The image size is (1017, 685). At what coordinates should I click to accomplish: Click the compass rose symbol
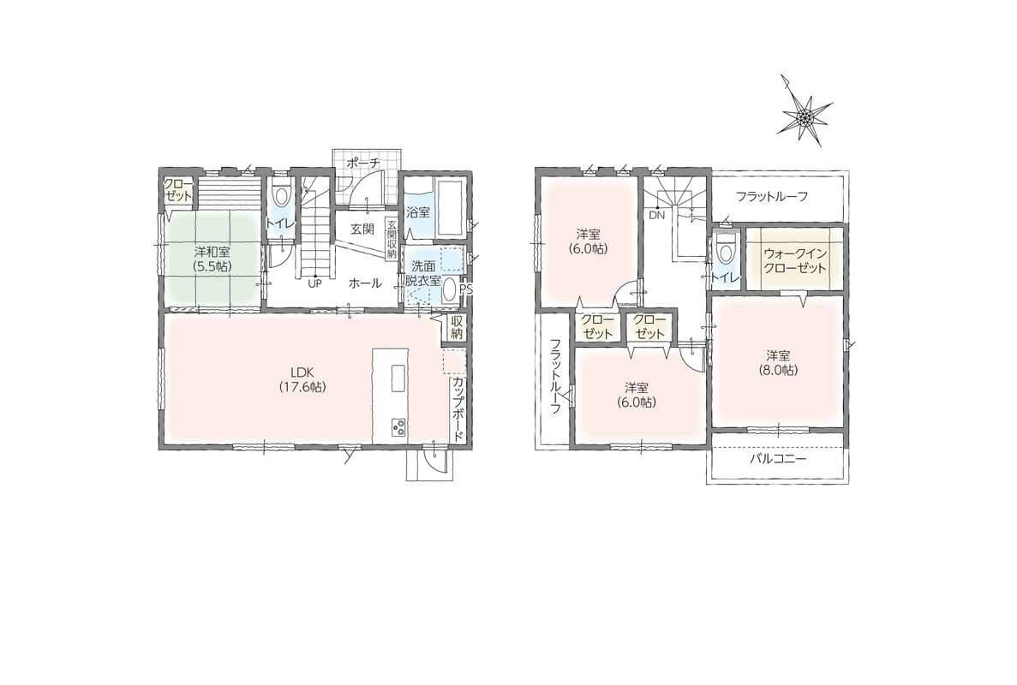pos(805,116)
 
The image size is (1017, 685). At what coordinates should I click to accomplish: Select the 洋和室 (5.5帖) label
pos(212,258)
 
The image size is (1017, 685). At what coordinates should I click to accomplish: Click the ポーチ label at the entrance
pos(362,163)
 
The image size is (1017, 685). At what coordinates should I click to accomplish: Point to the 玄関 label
pos(362,229)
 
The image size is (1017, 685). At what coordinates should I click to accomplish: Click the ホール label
pos(365,283)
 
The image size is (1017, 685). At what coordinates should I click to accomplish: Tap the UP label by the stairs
pos(315,283)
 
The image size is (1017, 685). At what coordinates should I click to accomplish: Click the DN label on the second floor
pos(655,216)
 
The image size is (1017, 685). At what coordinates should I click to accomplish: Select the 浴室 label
pos(418,211)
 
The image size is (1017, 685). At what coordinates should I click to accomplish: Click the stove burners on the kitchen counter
pos(398,428)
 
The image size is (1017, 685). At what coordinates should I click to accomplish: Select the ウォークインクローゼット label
pos(795,260)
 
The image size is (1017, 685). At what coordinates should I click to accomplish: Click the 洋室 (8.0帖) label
pos(778,363)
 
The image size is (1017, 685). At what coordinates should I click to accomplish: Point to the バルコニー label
pos(778,460)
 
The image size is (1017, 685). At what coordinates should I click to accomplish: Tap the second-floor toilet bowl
pos(725,249)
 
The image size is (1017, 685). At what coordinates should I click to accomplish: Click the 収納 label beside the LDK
pos(457,327)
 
